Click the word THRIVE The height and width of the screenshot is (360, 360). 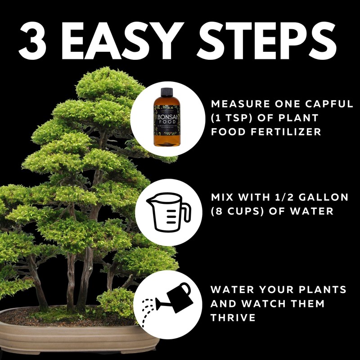coord(233,318)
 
